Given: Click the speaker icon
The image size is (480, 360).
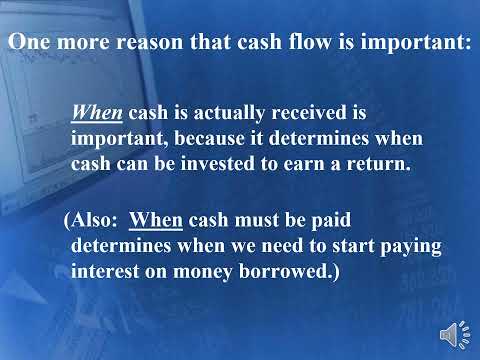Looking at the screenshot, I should pos(453,332).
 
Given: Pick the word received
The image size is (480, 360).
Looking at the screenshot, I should pos(303,114).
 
